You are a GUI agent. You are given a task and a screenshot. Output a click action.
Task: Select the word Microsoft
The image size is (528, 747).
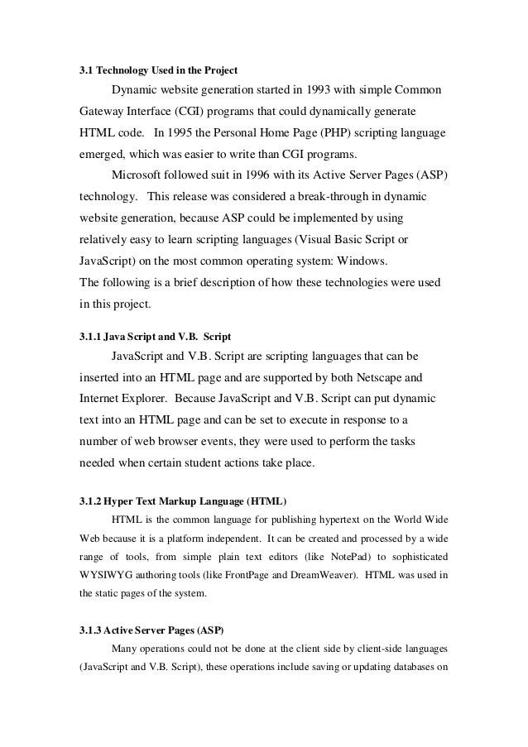click(139, 175)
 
